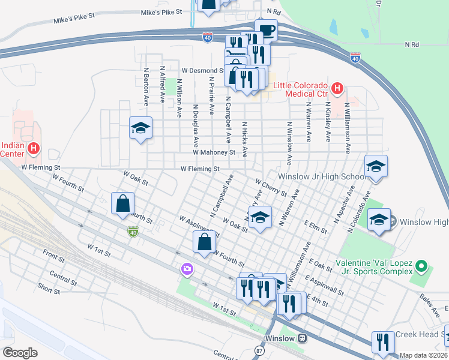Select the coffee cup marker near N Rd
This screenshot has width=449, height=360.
click(266, 30)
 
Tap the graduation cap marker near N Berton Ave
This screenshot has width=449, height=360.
click(140, 128)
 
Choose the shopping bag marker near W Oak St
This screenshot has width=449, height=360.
click(122, 203)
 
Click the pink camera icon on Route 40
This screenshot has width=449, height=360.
click(187, 270)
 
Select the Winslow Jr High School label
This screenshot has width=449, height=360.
click(321, 177)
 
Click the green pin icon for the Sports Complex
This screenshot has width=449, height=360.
click(421, 265)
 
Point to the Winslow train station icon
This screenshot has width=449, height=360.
click(304, 338)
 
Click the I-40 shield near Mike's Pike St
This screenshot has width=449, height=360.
click(208, 37)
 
